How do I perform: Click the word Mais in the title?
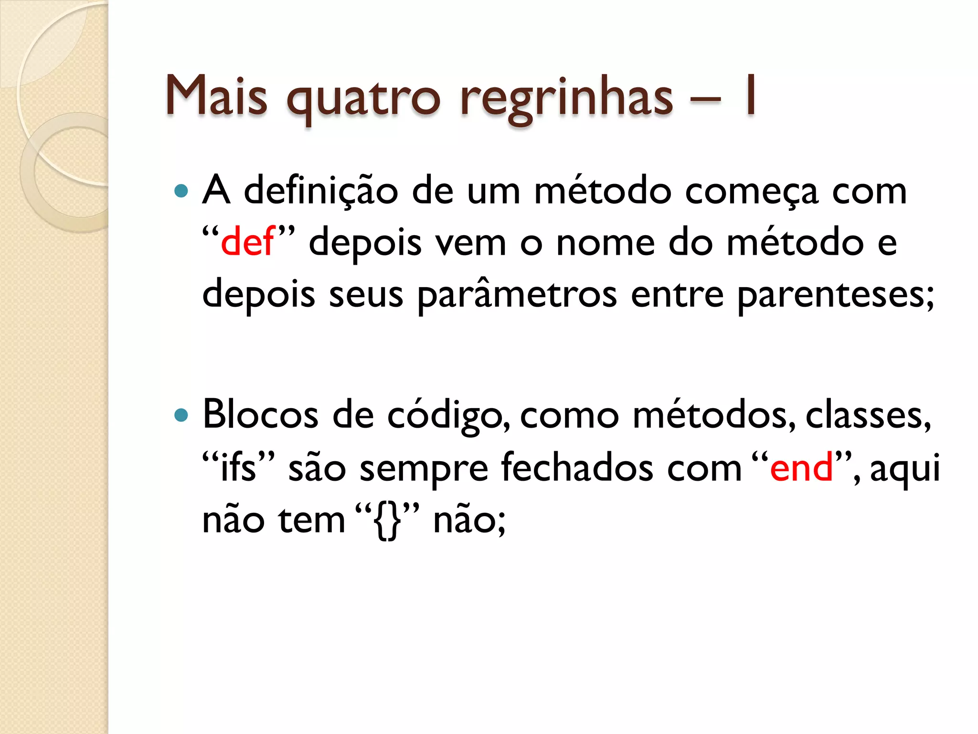tap(216, 96)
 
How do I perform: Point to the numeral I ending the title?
tap(750, 96)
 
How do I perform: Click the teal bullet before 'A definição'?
tap(181, 191)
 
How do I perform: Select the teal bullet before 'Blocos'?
tap(181, 415)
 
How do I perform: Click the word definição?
tap(321, 191)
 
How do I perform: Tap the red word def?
tap(247, 242)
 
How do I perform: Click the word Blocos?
tap(260, 414)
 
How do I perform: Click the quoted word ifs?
tap(238, 467)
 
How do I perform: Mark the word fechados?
tap(577, 467)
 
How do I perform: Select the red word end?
tap(801, 467)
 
